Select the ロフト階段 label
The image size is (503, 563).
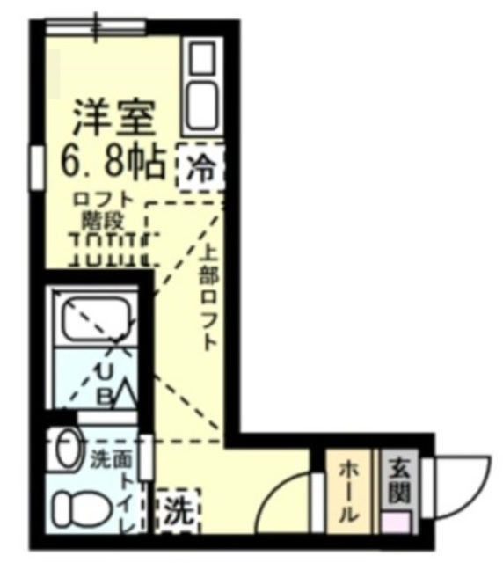tap(105, 208)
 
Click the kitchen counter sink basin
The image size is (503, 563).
tap(202, 105)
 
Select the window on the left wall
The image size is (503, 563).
tap(36, 167)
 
